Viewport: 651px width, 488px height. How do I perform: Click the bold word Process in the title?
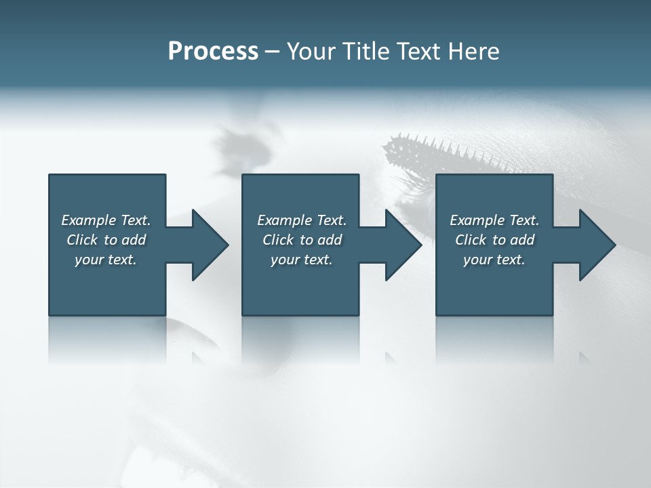click(213, 52)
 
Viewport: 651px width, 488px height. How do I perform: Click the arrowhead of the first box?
click(210, 245)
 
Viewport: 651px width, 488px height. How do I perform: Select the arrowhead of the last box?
click(597, 245)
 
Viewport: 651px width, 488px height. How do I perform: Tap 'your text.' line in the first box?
click(106, 260)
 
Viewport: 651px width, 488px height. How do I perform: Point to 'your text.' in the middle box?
click(302, 260)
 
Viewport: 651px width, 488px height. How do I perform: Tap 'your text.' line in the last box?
click(494, 260)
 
